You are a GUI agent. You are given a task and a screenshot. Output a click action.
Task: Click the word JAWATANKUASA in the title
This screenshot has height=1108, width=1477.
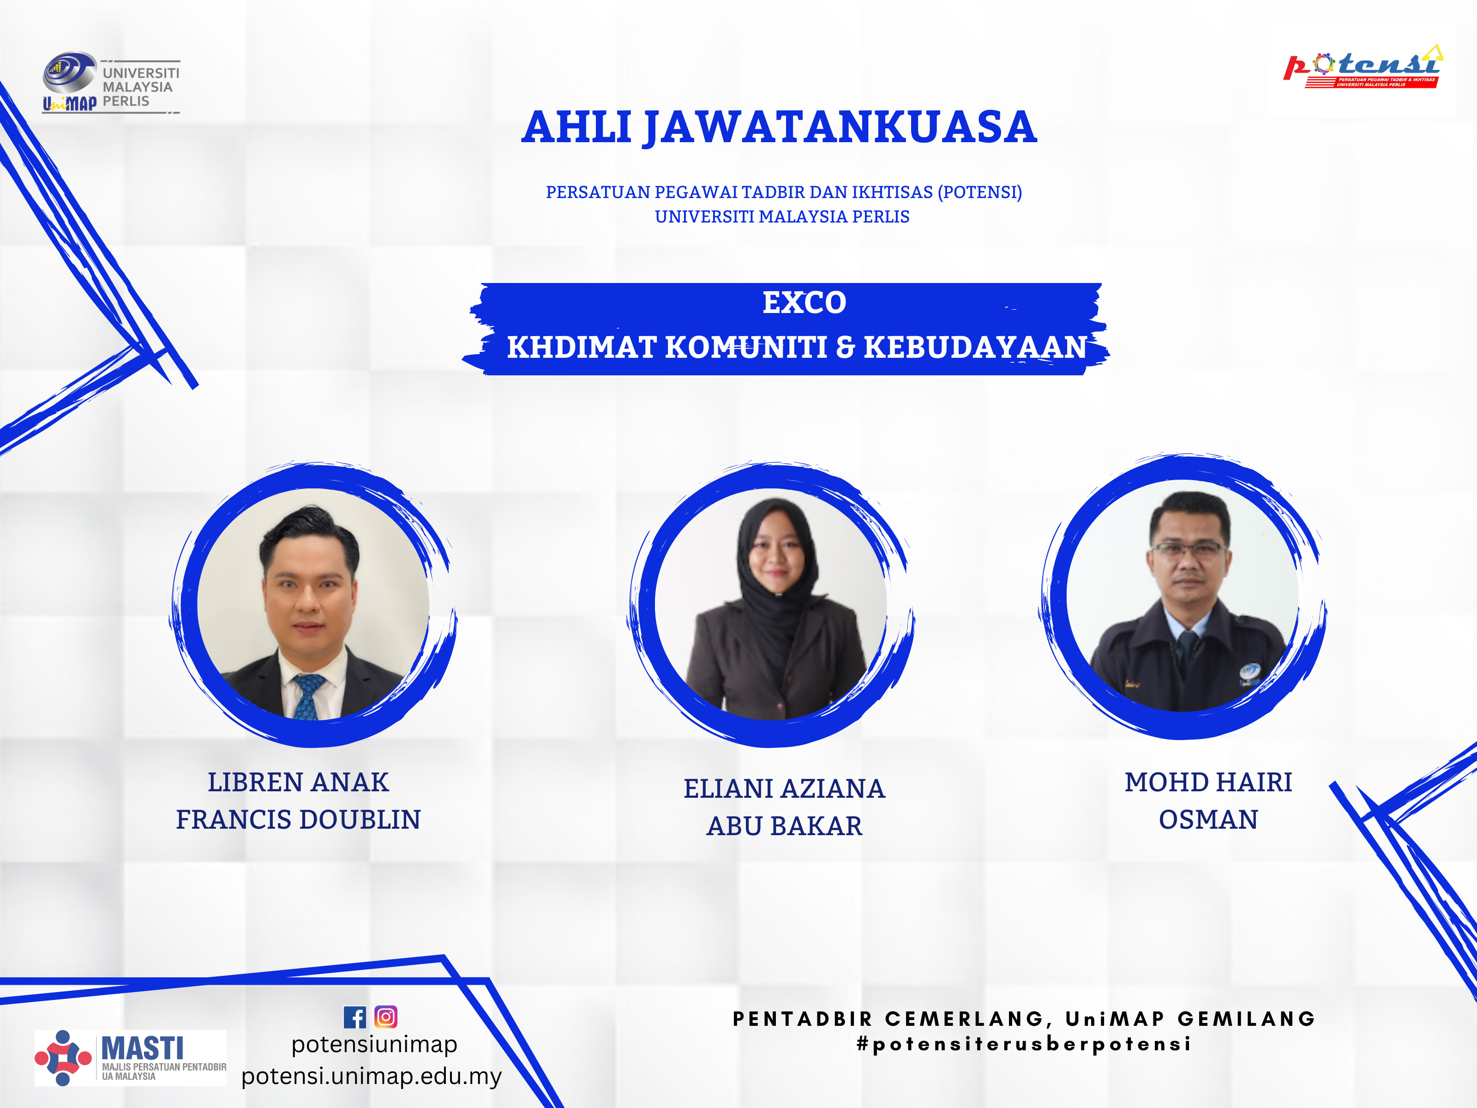pyautogui.click(x=841, y=127)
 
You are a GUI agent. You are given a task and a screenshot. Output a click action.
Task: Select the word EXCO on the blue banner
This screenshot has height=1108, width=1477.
pyautogui.click(x=804, y=302)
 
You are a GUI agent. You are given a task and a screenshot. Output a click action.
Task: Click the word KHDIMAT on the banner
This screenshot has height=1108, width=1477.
pyautogui.click(x=582, y=347)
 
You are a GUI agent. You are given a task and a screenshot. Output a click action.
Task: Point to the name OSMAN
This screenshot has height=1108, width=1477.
pyautogui.click(x=1208, y=819)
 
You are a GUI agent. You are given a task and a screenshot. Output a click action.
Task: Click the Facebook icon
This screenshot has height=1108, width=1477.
pyautogui.click(x=354, y=1017)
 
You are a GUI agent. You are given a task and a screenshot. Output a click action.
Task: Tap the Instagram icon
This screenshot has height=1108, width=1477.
pyautogui.click(x=386, y=1017)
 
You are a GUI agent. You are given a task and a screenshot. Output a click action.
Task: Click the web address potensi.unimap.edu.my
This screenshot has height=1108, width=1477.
pyautogui.click(x=371, y=1076)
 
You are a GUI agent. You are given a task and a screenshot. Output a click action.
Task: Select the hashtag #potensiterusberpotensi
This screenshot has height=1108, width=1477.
pyautogui.click(x=1024, y=1044)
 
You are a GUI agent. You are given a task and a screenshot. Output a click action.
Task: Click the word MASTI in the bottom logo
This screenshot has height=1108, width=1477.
pyautogui.click(x=142, y=1048)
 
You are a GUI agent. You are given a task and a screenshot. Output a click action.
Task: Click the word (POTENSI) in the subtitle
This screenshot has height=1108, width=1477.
pyautogui.click(x=979, y=193)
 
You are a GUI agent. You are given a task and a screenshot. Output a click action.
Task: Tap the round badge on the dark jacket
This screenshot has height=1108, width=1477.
pyautogui.click(x=1249, y=671)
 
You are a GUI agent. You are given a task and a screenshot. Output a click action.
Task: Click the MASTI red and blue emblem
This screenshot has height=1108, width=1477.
pyautogui.click(x=63, y=1058)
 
